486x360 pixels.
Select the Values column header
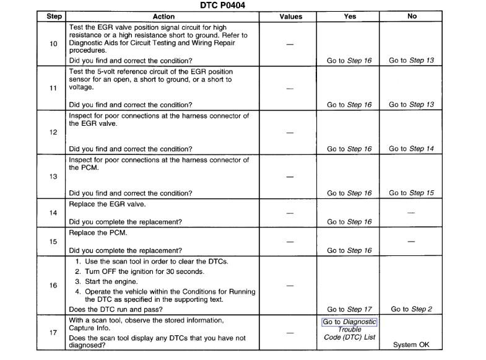[291, 17]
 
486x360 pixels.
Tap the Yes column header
[350, 17]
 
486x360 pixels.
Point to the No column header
[412, 17]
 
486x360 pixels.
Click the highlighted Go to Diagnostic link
[349, 322]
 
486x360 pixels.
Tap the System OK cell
[412, 345]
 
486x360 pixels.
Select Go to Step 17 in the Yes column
[349, 309]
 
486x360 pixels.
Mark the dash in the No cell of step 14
[412, 213]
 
